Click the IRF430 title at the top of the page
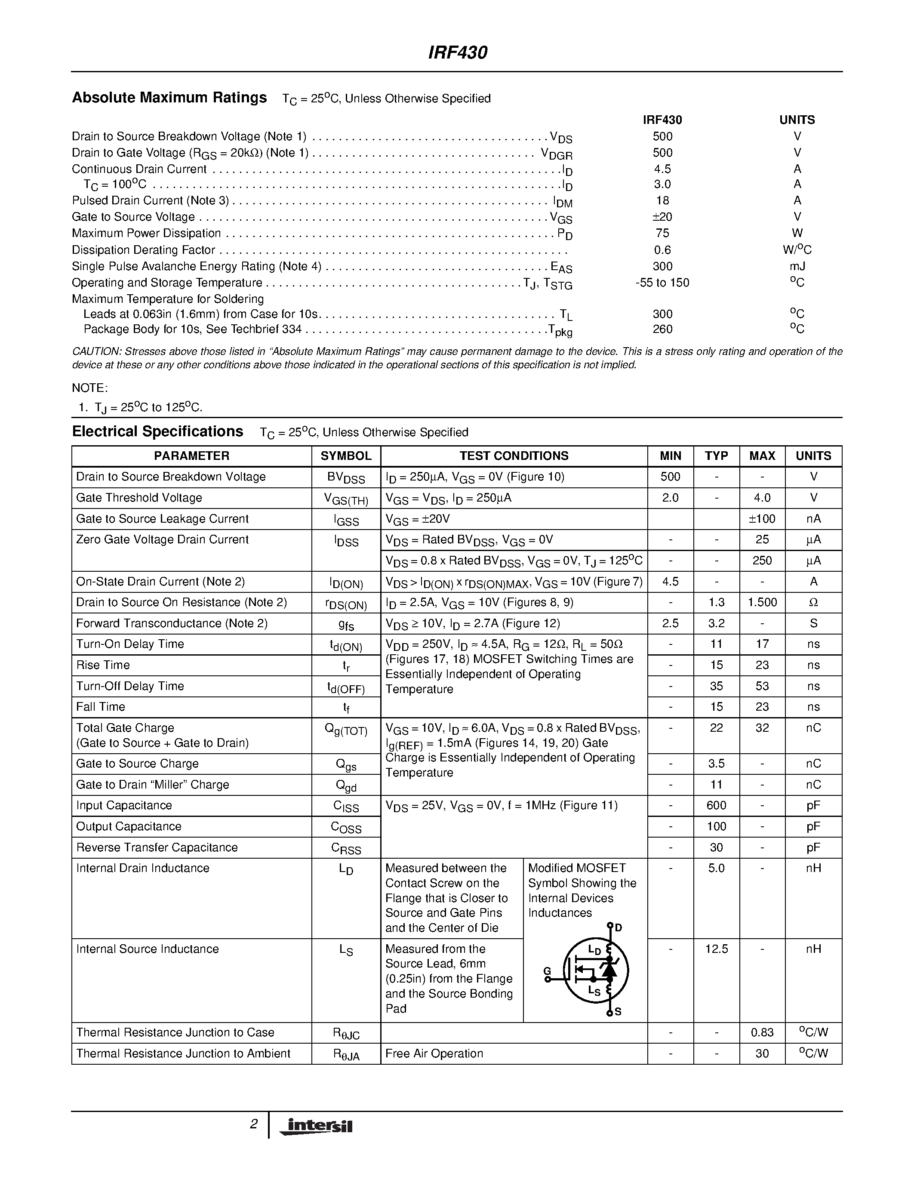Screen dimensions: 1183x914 [458, 52]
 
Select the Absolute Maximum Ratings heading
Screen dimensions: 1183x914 [169, 98]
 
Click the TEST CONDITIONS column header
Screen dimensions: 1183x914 [514, 456]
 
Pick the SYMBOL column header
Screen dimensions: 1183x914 [346, 456]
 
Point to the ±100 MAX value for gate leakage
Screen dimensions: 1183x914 [762, 518]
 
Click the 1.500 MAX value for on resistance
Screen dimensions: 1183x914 [762, 602]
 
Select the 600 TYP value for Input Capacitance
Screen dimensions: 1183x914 [716, 805]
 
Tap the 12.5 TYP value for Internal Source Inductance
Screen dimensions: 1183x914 [716, 949]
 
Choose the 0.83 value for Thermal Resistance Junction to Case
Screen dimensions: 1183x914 [762, 1032]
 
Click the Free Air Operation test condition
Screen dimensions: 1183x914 [434, 1054]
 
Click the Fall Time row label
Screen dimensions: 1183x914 [101, 707]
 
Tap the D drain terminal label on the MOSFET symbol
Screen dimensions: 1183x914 [619, 928]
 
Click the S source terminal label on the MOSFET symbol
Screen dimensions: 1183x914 [618, 1011]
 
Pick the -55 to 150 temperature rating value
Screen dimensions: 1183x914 [662, 283]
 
